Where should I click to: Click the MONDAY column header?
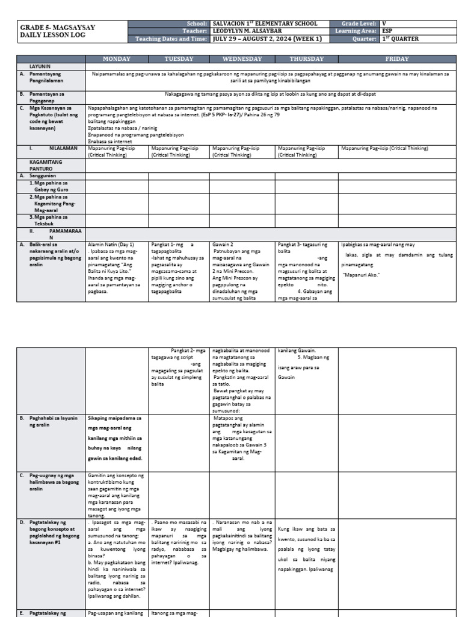[117, 59]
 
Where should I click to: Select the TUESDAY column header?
[179, 59]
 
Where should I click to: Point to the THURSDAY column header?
[306, 59]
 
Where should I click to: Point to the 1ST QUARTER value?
[400, 39]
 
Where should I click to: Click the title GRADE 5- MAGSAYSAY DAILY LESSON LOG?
[58, 31]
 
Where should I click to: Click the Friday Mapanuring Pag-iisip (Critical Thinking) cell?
[384, 148]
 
